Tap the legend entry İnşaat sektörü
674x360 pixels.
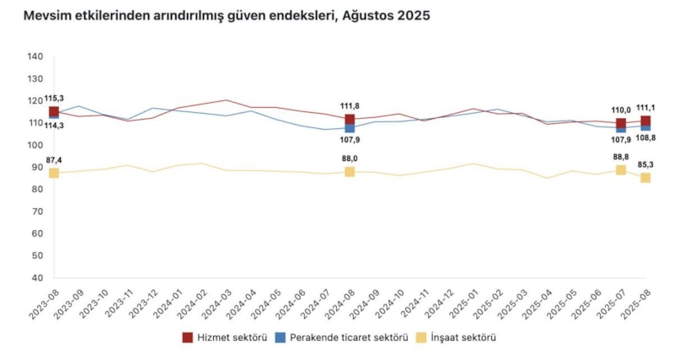click(x=451, y=338)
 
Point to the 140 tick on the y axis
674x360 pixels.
click(x=35, y=57)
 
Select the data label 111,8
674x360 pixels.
click(x=350, y=105)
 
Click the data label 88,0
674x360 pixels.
click(x=350, y=158)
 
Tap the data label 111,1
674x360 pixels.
click(x=645, y=107)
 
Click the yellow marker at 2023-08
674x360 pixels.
click(x=54, y=173)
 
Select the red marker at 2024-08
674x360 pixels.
click(x=350, y=119)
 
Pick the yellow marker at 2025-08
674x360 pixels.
click(x=645, y=178)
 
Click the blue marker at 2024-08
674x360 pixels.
click(x=350, y=129)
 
